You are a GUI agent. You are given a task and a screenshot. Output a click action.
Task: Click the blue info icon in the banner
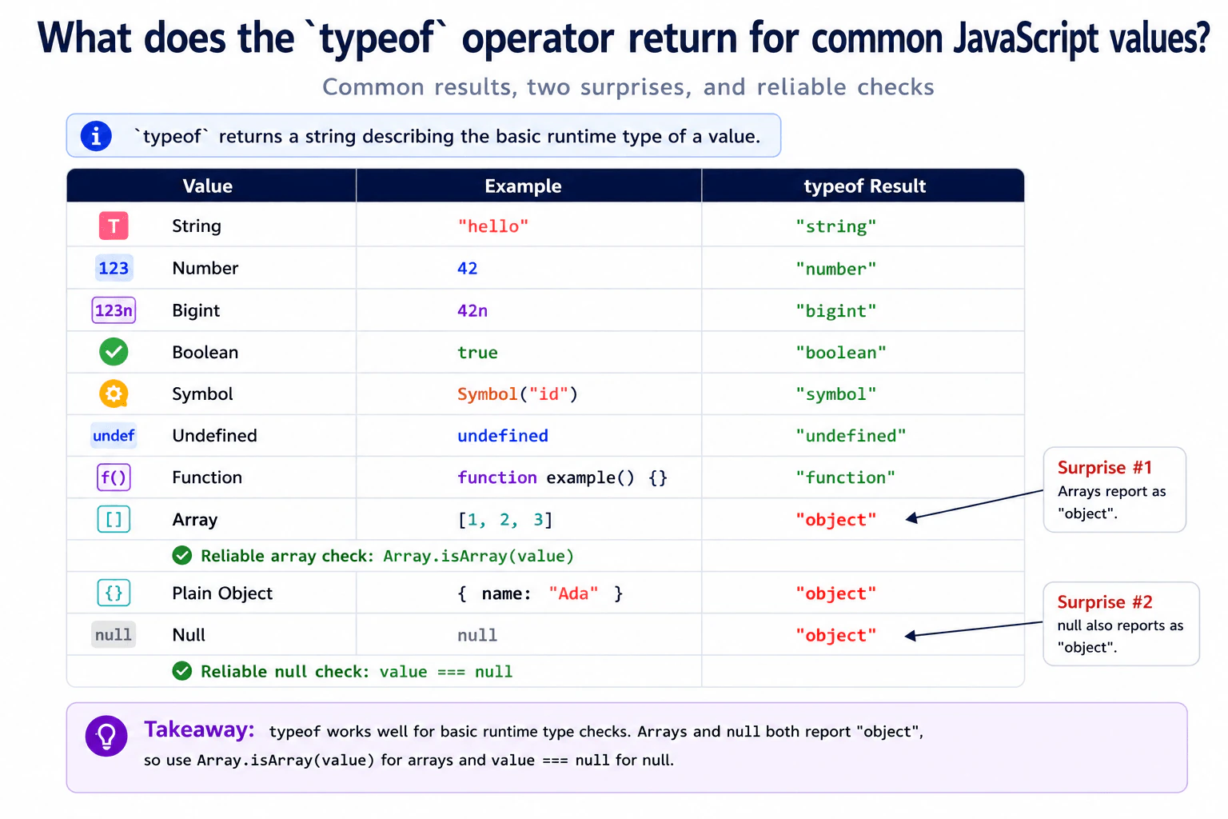(x=96, y=136)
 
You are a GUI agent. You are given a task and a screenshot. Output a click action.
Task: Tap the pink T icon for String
(x=114, y=226)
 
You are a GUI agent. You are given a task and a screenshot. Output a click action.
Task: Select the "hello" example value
(x=492, y=226)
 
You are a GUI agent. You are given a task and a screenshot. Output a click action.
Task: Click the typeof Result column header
(x=864, y=186)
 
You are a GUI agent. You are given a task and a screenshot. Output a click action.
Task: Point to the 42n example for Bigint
(x=472, y=310)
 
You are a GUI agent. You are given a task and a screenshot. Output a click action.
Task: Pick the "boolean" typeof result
(x=841, y=352)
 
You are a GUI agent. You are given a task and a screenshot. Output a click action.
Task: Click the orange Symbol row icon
(x=114, y=394)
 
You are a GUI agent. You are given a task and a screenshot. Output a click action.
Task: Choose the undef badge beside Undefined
(x=114, y=436)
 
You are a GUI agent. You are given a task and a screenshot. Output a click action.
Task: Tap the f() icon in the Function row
(x=114, y=477)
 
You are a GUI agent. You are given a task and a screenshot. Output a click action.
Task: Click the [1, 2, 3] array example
(x=505, y=520)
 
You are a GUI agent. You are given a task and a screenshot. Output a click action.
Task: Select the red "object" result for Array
(x=836, y=520)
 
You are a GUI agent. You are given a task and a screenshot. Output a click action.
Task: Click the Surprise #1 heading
(x=1105, y=467)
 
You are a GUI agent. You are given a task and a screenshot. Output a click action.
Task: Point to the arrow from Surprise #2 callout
(x=973, y=629)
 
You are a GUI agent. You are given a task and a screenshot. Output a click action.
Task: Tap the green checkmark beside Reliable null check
(x=182, y=671)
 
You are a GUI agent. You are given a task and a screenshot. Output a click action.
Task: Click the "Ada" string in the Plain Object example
(x=573, y=593)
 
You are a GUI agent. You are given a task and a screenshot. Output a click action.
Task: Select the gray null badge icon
(x=114, y=635)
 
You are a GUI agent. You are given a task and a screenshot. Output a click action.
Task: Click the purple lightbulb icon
(x=106, y=736)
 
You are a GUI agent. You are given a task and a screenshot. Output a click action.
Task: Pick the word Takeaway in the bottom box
(x=199, y=729)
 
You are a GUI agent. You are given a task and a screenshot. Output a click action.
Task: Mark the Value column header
(x=207, y=186)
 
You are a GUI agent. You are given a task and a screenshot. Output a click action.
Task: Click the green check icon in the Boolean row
(x=114, y=352)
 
